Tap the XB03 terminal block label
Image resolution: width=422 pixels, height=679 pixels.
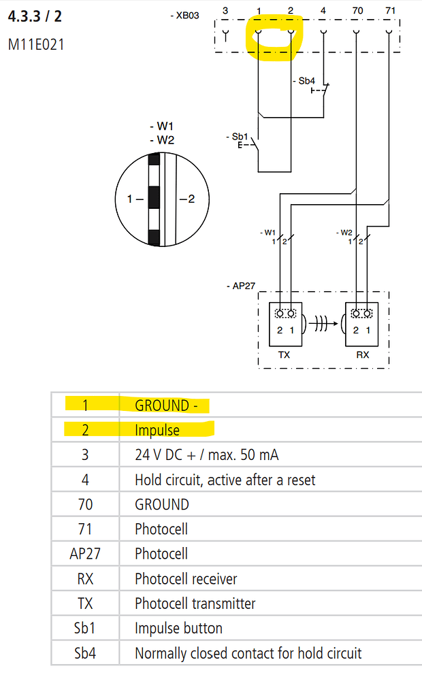tap(186, 14)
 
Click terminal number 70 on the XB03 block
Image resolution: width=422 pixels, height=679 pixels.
tap(357, 11)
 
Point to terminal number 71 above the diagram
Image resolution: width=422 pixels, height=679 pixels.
tap(389, 11)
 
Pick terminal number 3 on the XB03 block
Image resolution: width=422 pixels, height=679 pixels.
tap(225, 11)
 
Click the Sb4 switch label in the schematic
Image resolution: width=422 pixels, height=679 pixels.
tap(306, 81)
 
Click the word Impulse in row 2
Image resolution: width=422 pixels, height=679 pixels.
tap(157, 430)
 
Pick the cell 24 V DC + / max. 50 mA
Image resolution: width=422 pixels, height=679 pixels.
tap(207, 455)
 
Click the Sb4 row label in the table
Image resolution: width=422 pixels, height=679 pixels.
tap(85, 653)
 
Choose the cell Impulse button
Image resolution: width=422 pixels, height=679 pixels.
tap(178, 628)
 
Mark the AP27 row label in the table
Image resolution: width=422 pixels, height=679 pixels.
tap(85, 554)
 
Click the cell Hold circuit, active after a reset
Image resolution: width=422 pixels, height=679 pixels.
tap(225, 480)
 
